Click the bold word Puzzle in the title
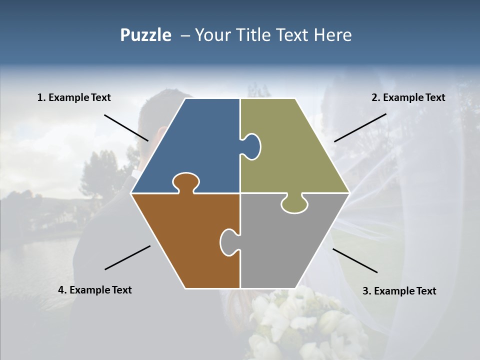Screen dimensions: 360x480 145,35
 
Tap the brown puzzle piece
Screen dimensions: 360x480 185,240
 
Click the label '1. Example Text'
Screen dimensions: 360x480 74,98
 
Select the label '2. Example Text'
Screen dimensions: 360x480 408,98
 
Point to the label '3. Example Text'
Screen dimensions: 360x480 399,291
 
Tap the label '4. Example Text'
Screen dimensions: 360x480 94,290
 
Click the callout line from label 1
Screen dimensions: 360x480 126,127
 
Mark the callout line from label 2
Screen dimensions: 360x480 360,127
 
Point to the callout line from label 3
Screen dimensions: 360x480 355,260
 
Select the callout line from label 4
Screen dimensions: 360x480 127,257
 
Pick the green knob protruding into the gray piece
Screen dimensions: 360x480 294,204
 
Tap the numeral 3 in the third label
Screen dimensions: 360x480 365,291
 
